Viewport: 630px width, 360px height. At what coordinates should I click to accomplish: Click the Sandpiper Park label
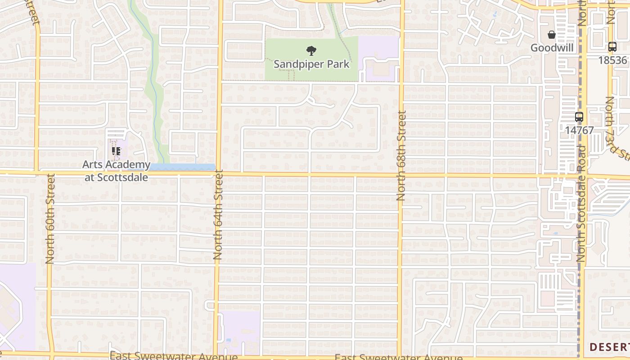click(x=311, y=64)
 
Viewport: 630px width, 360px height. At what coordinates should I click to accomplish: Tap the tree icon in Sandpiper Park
click(x=310, y=50)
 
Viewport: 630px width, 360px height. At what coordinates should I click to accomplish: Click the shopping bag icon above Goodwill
click(x=551, y=35)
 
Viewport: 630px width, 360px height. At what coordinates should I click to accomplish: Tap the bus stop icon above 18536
click(x=612, y=46)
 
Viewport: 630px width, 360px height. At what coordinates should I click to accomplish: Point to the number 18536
click(x=613, y=60)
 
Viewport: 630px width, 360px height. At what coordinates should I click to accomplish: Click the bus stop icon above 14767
click(x=579, y=117)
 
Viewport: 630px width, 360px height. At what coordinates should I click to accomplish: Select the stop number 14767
click(x=580, y=130)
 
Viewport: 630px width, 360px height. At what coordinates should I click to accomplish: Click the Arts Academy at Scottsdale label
click(x=116, y=171)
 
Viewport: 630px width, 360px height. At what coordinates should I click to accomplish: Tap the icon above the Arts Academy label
click(x=116, y=151)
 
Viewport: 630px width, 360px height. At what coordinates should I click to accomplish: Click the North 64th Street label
click(x=218, y=214)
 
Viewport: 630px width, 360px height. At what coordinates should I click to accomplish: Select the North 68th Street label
click(x=401, y=156)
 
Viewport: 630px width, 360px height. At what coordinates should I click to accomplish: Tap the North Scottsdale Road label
click(x=581, y=203)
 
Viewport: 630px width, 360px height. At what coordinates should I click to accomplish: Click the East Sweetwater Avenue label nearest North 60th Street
click(x=173, y=356)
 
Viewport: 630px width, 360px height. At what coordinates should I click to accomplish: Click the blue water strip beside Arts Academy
click(x=182, y=167)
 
